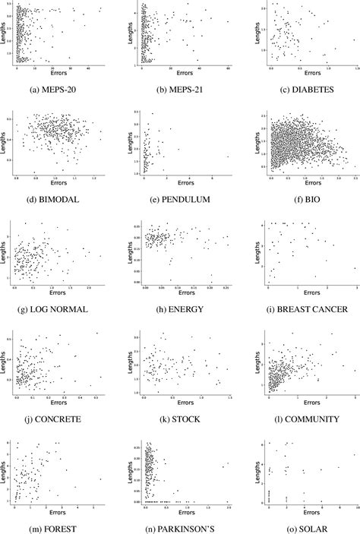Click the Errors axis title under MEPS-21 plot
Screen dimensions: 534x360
click(185, 75)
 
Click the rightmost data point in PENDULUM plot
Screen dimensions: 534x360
click(227, 157)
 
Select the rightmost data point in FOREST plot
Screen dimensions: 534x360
click(100, 479)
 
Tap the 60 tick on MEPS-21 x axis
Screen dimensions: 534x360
click(229, 68)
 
